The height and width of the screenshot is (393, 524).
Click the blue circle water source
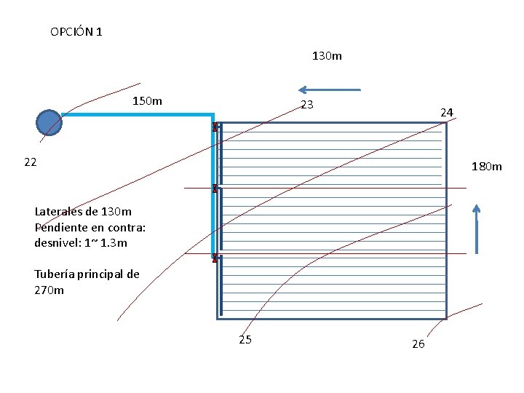tap(49, 122)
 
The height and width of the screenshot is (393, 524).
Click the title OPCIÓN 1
tap(76, 32)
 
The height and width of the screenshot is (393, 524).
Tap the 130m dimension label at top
tap(327, 55)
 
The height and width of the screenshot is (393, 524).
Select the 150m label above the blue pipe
tap(147, 100)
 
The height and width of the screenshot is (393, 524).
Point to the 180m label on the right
tap(486, 167)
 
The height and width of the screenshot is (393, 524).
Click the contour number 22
tap(30, 162)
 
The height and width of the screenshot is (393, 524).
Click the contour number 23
tap(307, 105)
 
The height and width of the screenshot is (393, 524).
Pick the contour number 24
tap(447, 112)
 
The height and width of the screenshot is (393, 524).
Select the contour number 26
tap(418, 344)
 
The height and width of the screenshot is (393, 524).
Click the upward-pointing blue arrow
tap(476, 229)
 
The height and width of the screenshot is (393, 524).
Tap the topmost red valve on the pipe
tap(215, 127)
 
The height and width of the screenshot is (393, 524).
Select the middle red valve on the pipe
tap(215, 189)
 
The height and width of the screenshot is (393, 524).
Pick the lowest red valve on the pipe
tap(215, 258)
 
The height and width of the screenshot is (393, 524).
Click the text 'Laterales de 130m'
tap(83, 212)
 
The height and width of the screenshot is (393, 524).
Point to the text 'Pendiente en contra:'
tap(90, 227)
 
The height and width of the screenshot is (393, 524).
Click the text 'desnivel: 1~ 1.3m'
tap(80, 242)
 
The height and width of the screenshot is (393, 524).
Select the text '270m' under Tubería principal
tap(49, 290)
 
